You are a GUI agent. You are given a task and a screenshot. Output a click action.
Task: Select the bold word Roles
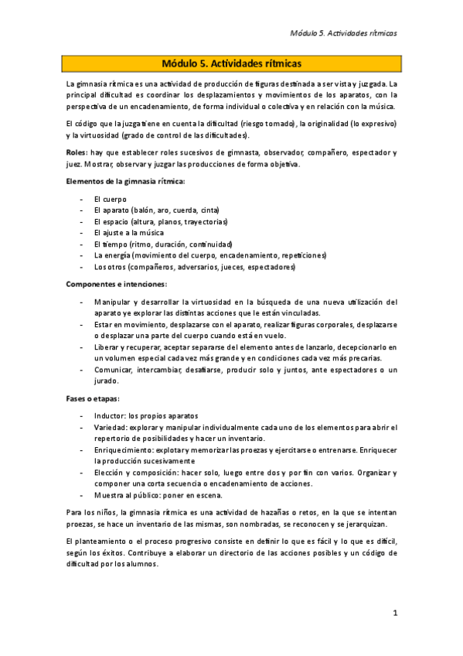coord(76,152)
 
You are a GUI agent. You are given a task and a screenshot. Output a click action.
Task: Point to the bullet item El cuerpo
coord(111,200)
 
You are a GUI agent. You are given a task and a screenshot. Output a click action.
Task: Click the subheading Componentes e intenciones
coord(111,284)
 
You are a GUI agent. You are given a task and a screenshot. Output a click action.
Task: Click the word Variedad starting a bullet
coord(111,427)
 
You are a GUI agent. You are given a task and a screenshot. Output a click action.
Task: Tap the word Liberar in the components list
coord(107,347)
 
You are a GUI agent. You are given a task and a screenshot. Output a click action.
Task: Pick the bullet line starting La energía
coord(209,255)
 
